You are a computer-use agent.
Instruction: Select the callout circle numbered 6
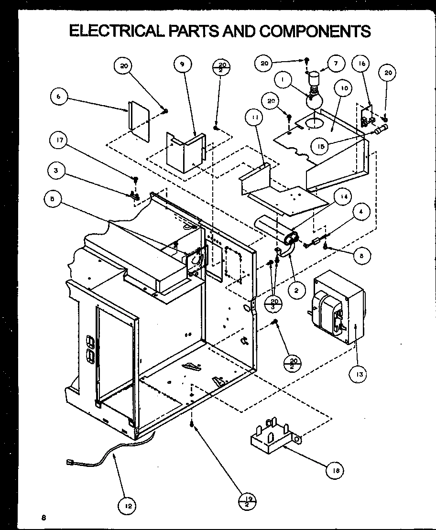point(59,96)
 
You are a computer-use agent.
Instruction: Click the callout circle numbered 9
point(183,65)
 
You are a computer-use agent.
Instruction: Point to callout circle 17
point(60,141)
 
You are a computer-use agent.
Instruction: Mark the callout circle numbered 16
point(361,63)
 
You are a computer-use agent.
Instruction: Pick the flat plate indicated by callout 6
point(139,120)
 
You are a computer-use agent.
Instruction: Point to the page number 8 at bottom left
point(44,518)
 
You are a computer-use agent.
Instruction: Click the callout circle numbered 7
point(336,63)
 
